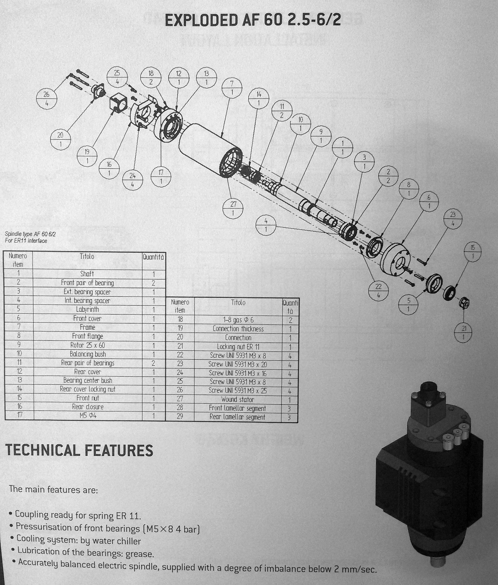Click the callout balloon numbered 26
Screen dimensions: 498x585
tap(46, 99)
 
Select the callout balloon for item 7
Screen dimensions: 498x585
tap(232, 88)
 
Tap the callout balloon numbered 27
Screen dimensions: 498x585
tap(233, 208)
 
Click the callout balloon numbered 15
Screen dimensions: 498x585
tap(473, 252)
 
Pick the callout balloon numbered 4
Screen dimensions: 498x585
tap(266, 225)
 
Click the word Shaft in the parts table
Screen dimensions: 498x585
tap(87, 274)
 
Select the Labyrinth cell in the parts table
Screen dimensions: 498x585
tap(88, 309)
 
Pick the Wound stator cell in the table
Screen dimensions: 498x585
tap(237, 399)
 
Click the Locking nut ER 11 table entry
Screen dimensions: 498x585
tap(238, 347)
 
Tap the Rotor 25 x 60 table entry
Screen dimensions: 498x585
tap(88, 345)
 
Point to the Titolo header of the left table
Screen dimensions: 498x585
tap(87, 256)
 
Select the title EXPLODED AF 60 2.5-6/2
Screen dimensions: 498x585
tap(252, 20)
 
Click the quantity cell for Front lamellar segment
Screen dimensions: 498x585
tap(289, 409)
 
